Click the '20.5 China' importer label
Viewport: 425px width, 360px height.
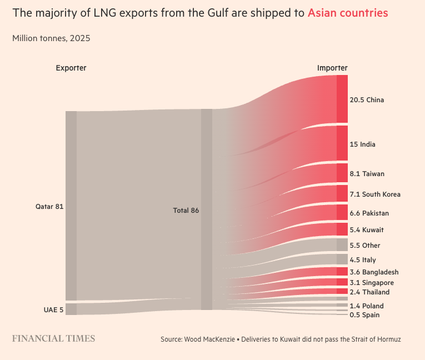[367, 100]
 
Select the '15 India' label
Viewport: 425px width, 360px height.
[362, 144]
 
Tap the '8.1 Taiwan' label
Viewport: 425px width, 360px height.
[367, 174]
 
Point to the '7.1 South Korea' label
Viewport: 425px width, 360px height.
[374, 194]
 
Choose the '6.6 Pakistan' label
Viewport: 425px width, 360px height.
[369, 213]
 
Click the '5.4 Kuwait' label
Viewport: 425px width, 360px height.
[367, 230]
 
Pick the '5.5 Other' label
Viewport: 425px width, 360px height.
[364, 246]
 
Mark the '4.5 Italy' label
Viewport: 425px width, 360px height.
[363, 260]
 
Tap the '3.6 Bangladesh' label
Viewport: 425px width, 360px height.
[374, 272]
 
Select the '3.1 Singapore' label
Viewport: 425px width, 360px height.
[372, 283]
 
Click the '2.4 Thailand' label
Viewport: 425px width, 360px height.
[369, 292]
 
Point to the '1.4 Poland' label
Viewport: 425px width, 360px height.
[367, 306]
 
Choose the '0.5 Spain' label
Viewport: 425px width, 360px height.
[364, 315]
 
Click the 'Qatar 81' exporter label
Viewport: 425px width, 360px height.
[49, 207]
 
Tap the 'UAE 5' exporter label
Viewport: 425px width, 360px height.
[54, 309]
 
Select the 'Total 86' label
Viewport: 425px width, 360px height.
[186, 211]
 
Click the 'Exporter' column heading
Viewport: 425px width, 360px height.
[71, 68]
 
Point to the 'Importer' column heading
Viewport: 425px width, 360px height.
[332, 68]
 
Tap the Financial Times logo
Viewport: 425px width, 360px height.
[54, 338]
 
